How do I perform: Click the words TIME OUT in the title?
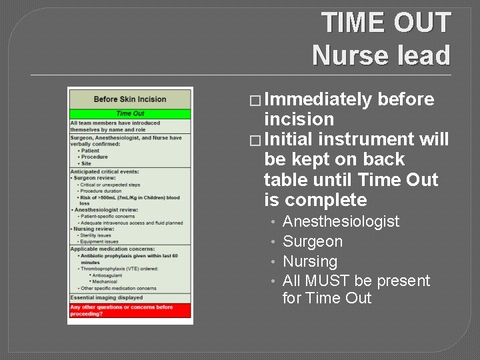(x=387, y=23)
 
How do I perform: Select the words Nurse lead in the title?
(x=381, y=55)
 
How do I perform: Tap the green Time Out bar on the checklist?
(x=130, y=114)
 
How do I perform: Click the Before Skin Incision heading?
(x=130, y=99)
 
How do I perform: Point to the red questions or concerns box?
(x=130, y=311)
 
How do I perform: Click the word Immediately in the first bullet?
(x=318, y=100)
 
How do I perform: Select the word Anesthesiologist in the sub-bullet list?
(x=341, y=221)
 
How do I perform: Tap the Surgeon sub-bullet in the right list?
(x=312, y=241)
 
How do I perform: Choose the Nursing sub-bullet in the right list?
(x=310, y=261)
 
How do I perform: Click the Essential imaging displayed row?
(x=107, y=297)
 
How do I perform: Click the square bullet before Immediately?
(x=255, y=101)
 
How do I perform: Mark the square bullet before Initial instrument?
(x=255, y=140)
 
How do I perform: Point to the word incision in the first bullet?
(x=299, y=119)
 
